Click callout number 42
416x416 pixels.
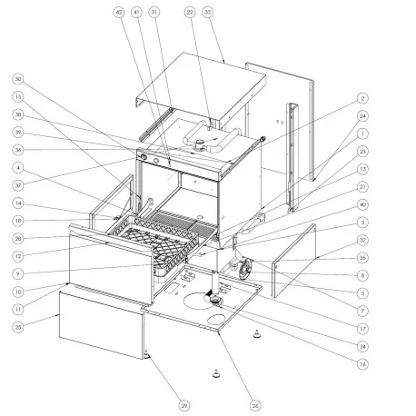[x=119, y=13]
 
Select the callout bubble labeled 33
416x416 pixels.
[x=207, y=13]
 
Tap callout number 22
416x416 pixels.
[x=190, y=13]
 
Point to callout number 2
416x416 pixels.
[x=362, y=97]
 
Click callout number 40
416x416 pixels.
[x=362, y=206]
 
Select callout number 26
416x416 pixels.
[x=254, y=404]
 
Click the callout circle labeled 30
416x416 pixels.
[x=17, y=80]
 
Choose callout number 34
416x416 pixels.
[x=362, y=345]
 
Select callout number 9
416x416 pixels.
[x=17, y=273]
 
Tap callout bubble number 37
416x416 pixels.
[x=17, y=184]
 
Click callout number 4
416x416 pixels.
[x=17, y=166]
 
